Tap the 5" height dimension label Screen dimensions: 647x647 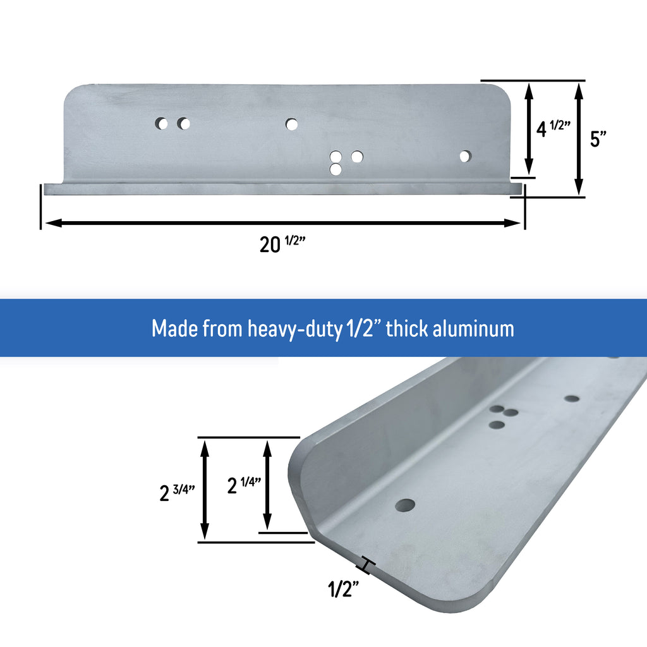pos(598,139)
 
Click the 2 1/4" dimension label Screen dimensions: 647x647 pos(244,485)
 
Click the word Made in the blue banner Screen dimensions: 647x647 pos(174,329)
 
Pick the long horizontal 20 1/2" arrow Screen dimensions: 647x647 pos(282,222)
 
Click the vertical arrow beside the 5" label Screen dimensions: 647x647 pos(578,139)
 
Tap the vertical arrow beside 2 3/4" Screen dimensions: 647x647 pos(204,489)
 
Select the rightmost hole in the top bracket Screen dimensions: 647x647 pos(465,156)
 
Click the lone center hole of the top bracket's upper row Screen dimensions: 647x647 pos(291,124)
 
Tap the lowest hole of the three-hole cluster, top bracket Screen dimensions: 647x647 pos(336,169)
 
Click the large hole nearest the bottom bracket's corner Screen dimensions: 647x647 pos(405,505)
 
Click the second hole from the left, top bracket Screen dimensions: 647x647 pos(183,124)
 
